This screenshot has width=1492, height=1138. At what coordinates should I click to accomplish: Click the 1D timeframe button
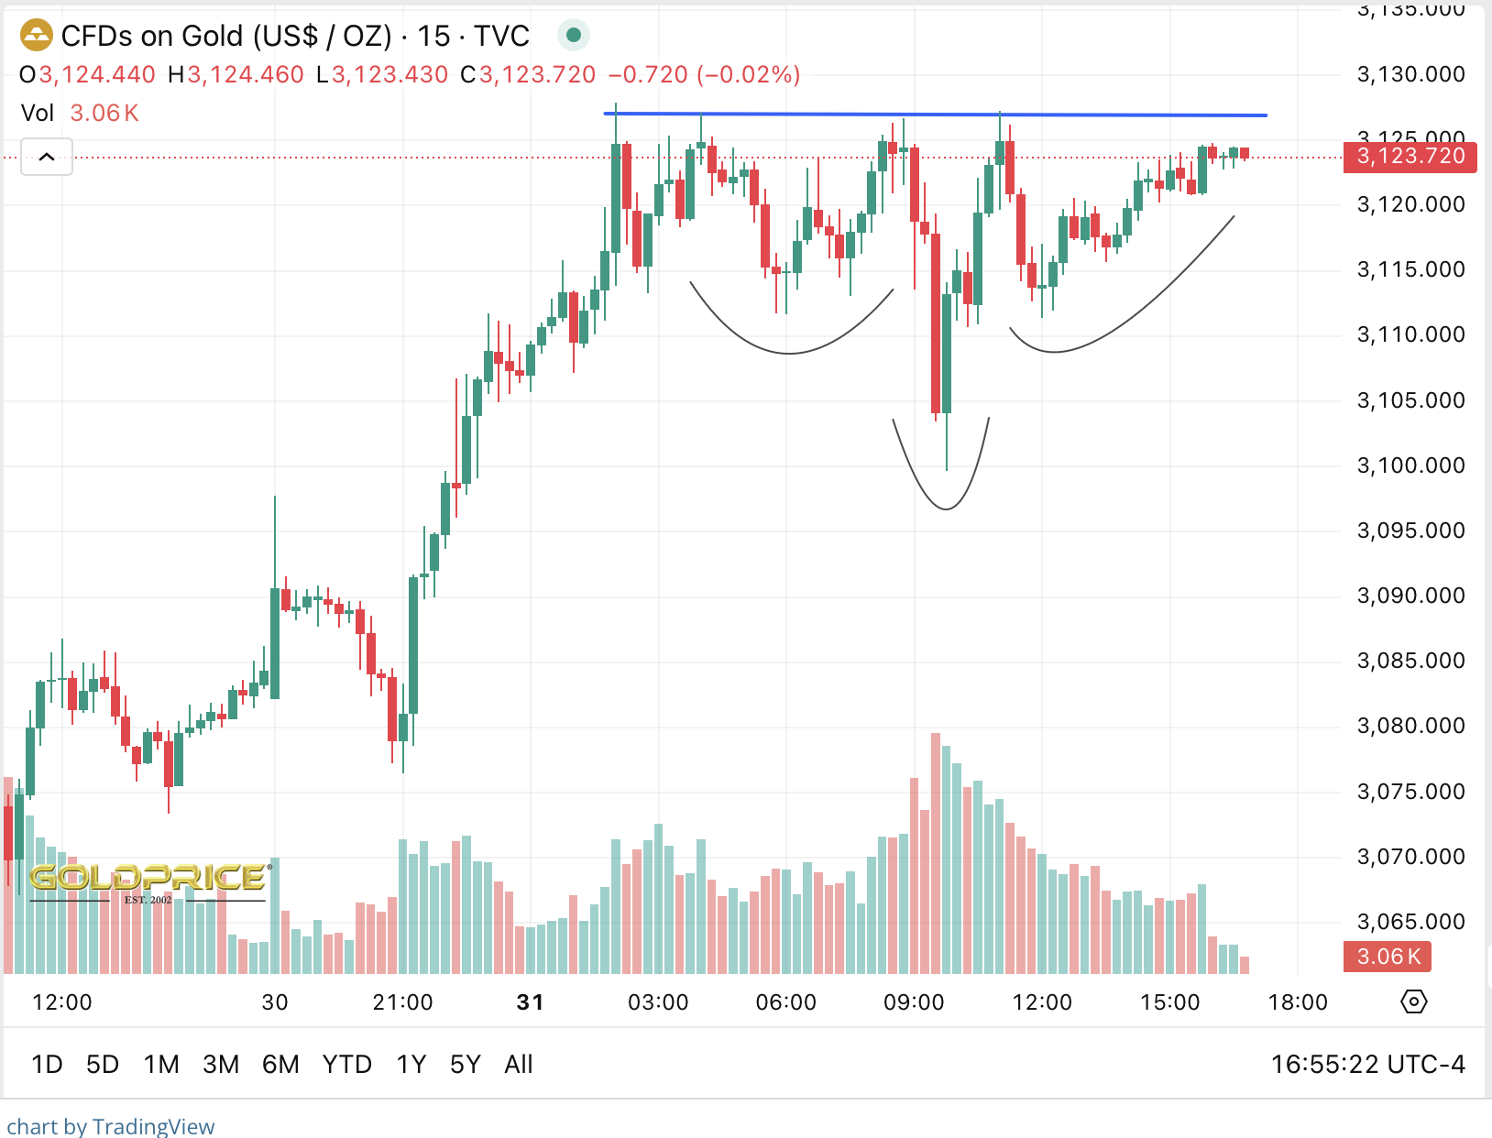(47, 1064)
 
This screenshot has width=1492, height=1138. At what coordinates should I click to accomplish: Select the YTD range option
(346, 1064)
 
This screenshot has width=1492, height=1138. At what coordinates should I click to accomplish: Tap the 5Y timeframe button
(465, 1064)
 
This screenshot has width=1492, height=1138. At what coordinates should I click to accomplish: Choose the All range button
(518, 1064)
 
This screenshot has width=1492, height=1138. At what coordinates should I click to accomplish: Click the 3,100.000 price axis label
(1410, 465)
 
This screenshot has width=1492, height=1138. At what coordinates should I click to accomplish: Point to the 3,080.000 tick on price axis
(1410, 726)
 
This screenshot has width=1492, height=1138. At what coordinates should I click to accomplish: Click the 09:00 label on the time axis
(913, 1002)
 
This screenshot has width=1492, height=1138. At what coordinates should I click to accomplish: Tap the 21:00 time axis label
(402, 1002)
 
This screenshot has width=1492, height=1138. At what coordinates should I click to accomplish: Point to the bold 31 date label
(530, 1002)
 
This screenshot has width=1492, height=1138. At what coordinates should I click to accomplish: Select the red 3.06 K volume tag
(1388, 957)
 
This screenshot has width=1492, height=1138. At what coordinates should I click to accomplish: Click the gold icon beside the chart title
(37, 37)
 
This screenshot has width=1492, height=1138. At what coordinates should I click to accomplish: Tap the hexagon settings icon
(1414, 1001)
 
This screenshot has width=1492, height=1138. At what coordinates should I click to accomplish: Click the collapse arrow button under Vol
(47, 157)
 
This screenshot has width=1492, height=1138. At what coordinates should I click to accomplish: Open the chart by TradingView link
(111, 1126)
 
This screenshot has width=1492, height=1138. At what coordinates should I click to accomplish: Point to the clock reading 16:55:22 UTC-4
(1367, 1064)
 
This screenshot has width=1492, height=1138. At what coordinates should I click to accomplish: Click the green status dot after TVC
(574, 36)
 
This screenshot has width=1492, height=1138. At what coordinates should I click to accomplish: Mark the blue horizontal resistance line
(935, 115)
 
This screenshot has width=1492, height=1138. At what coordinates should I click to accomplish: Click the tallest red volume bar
(936, 852)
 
